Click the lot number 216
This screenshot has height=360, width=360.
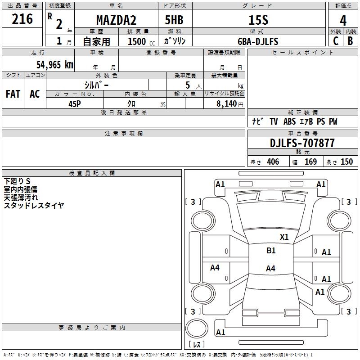point(22,19)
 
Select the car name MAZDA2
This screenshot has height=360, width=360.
point(116,20)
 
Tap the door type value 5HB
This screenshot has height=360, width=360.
point(174,20)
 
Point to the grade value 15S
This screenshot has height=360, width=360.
point(258,20)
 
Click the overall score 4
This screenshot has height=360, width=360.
point(343,21)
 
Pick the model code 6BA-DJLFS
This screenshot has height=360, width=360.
point(258,41)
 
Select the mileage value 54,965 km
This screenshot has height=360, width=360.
point(55,65)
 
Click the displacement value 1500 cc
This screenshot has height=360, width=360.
point(141,41)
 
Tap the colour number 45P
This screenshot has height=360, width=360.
point(75,104)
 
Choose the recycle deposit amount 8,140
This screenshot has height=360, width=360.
point(227,103)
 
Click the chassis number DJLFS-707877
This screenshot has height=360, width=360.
point(302,143)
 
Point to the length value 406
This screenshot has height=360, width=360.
point(273,162)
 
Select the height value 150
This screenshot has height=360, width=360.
point(346,162)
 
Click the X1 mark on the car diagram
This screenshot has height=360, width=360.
point(284,237)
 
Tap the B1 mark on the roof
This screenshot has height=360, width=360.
point(271,251)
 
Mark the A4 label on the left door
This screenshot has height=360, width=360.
point(215,267)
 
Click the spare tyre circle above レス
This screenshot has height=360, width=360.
point(197,328)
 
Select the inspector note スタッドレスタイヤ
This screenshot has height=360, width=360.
point(34,205)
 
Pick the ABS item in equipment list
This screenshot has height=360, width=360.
point(289,121)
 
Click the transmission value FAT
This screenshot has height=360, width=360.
point(13,94)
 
